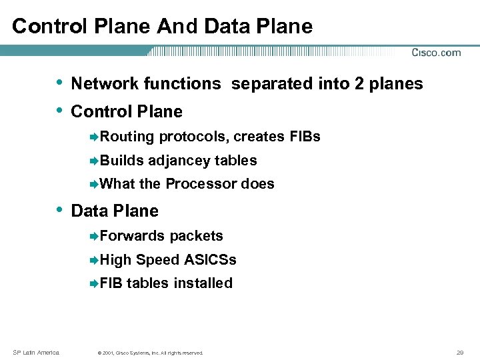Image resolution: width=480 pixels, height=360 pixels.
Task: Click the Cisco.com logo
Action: point(436,53)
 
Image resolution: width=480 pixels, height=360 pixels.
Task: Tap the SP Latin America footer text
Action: point(37,351)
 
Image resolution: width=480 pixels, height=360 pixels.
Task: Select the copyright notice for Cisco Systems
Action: point(149,352)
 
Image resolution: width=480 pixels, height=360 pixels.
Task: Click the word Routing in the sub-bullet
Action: point(127,137)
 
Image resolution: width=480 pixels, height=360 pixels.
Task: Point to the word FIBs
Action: point(305,137)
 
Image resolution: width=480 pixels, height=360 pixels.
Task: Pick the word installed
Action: point(203,283)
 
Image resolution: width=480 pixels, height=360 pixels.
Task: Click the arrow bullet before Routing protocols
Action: point(94,137)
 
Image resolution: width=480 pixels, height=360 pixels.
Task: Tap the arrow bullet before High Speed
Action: point(94,260)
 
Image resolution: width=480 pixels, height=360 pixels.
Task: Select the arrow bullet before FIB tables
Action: point(94,283)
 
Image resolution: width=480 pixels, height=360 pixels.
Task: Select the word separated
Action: point(267,84)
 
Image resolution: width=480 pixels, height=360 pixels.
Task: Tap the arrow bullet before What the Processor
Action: point(94,184)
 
